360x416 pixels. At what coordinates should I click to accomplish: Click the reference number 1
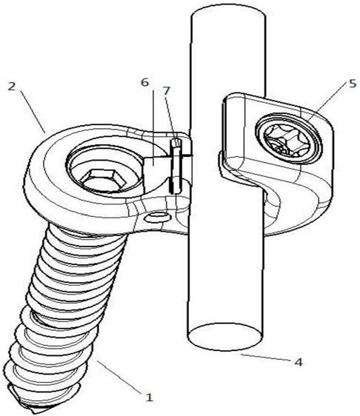[x=150, y=397]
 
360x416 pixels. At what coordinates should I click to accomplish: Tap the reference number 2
[x=12, y=86]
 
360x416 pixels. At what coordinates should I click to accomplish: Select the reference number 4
[x=299, y=362]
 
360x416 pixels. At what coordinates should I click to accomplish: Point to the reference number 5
[x=353, y=84]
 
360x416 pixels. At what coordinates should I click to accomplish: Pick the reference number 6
[x=144, y=82]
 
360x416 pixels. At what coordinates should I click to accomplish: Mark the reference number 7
[x=166, y=91]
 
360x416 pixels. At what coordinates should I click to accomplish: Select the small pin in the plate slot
[x=176, y=166]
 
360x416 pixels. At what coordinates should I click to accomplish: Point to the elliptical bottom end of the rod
[x=225, y=337]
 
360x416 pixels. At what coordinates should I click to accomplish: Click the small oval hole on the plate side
[x=158, y=218]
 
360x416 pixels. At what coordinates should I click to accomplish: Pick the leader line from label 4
[x=265, y=358]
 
